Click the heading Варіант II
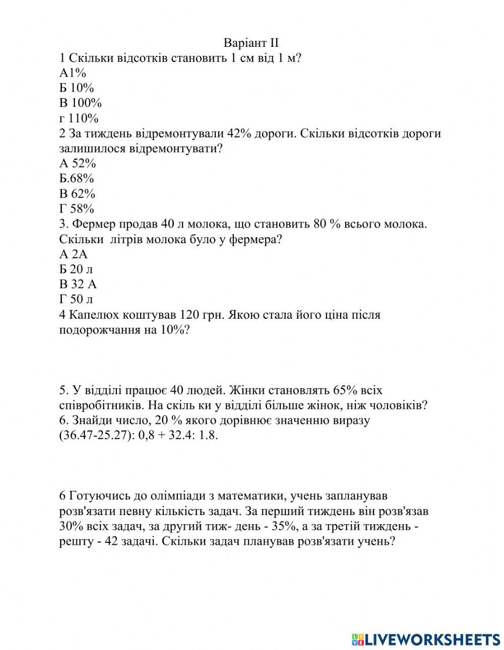coord(251,43)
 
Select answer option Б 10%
coord(77,88)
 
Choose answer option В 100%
coord(81,103)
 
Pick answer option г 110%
coord(79,118)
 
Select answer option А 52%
coord(78,163)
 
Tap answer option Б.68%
coord(77,178)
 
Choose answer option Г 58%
coord(77,208)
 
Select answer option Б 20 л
coord(76,269)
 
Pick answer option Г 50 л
coord(76,299)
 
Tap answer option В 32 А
coord(78,284)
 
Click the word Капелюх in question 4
coord(90,315)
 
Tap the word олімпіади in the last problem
coord(177,496)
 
